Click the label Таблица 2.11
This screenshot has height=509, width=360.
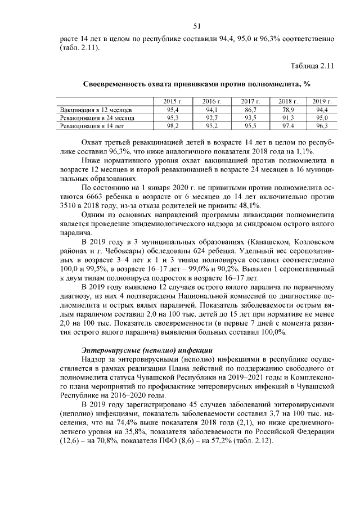[312, 66]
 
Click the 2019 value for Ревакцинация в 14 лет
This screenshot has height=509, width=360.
[321, 127]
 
